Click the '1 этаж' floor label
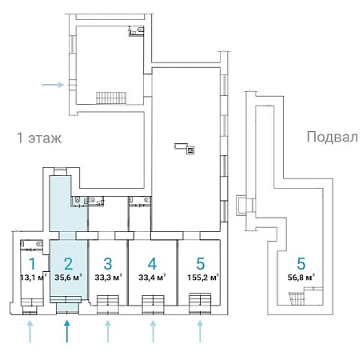point(39,138)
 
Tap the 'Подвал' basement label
point(332,137)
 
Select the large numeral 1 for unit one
point(32,264)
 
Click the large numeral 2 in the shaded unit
point(69,264)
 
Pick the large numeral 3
point(108,264)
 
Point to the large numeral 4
point(152,264)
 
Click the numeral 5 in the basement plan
point(301,264)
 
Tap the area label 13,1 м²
point(34,278)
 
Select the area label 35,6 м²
point(68,278)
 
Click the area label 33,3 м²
point(108,278)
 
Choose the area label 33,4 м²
point(152,278)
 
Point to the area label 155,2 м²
point(203,278)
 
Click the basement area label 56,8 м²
point(301,278)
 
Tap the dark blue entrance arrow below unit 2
point(67,331)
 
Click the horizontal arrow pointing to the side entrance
point(53,85)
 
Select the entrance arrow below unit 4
point(153,331)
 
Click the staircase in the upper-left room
point(111,98)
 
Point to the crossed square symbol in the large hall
point(190,150)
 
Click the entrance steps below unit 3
point(108,304)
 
